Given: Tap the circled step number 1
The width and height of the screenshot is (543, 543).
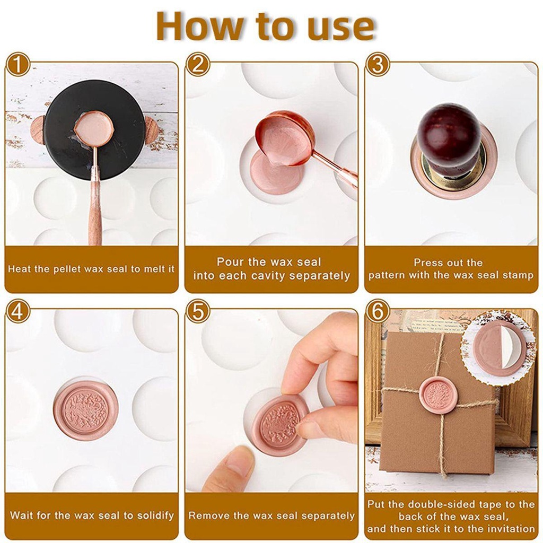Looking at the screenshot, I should coord(18,65).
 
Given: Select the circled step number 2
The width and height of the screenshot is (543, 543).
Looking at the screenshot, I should coord(198,65).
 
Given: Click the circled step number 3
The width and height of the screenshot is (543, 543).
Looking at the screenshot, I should coord(378,65).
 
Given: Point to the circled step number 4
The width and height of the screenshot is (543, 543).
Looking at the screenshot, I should coord(18,312).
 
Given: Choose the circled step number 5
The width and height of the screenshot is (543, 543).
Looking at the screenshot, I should coord(198,312).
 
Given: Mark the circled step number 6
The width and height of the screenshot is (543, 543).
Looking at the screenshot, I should coord(378,312).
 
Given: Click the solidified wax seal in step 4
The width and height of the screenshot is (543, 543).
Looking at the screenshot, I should coord(85,410).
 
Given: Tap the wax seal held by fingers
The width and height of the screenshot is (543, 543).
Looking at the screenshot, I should coord(279,425).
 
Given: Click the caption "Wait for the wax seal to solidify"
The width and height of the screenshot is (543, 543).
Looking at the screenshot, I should coord(92,515).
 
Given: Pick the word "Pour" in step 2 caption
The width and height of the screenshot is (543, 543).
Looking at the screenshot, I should coord(229,262).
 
